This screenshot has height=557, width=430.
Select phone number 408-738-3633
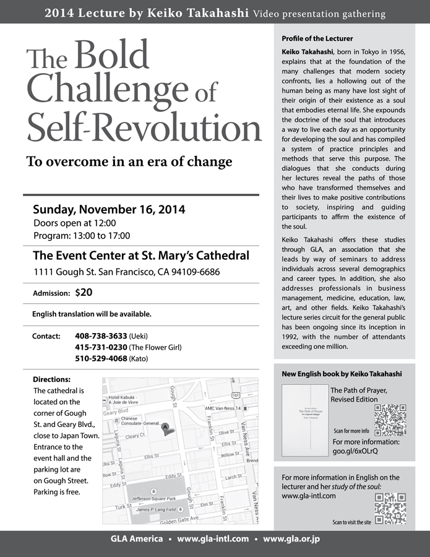pos(100,336)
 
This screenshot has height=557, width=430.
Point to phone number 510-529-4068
pos(100,358)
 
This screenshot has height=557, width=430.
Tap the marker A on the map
pos(165,427)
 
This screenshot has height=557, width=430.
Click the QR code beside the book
pos(391,420)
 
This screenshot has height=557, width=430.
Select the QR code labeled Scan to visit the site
pos(391,508)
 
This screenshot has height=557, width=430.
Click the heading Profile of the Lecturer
pos(317,38)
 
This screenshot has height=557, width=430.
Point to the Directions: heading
pos(51,379)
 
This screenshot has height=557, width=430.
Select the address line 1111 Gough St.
pos(126,272)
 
